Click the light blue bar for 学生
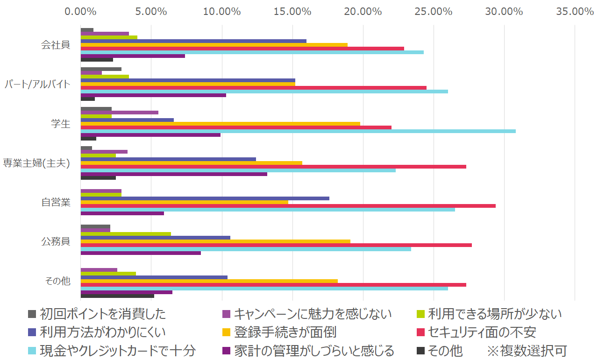point(298,131)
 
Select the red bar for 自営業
point(288,206)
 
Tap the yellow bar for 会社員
point(214,45)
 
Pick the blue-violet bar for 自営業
point(205,198)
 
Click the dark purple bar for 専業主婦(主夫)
point(174,174)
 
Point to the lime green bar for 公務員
point(126,234)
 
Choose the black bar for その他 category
point(117,296)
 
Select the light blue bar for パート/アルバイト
point(264,92)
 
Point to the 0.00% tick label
point(81,11)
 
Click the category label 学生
point(61,124)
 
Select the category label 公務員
point(56,242)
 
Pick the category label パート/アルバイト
point(37,85)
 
